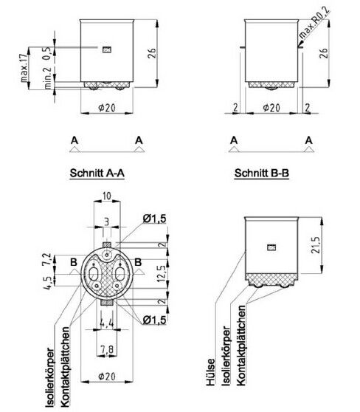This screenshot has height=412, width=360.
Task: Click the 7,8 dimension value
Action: [x=108, y=349]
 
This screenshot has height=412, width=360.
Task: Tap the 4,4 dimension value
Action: [x=108, y=323]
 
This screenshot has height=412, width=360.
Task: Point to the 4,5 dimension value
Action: [x=47, y=283]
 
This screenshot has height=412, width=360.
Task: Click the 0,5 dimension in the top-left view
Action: [x=46, y=53]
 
